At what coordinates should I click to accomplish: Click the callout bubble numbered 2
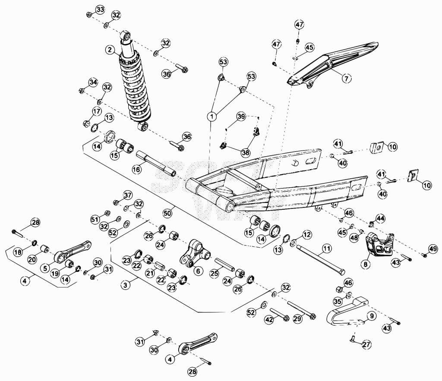[x=110, y=50]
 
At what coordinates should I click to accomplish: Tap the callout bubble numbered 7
[x=347, y=78]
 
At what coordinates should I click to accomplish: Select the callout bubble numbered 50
[x=167, y=213]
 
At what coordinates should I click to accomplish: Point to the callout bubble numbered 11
[x=326, y=249]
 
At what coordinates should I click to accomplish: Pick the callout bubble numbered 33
[x=100, y=9]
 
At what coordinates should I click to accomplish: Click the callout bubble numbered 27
[x=366, y=344]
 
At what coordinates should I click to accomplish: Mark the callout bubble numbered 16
[x=136, y=170]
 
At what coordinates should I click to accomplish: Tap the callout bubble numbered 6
[x=198, y=271]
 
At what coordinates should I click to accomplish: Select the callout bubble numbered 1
[x=212, y=116]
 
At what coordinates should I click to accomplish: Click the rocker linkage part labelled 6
[x=196, y=253]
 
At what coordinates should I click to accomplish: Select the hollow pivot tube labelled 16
[x=156, y=164]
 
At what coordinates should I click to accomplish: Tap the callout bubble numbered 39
[x=241, y=117]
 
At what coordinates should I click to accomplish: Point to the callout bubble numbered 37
[x=128, y=195]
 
